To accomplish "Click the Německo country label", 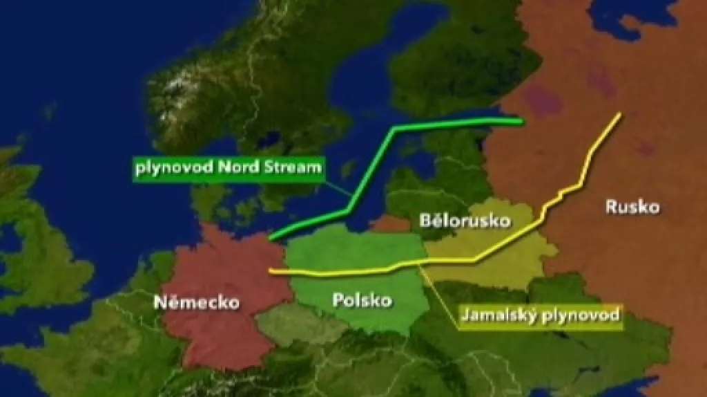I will click(197, 302).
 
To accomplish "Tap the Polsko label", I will click(362, 300).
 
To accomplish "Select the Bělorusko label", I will click(465, 221).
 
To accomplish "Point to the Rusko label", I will click(632, 206).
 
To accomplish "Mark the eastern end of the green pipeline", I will click(521, 122).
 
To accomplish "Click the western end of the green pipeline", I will click(270, 239).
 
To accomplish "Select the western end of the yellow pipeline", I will click(270, 270).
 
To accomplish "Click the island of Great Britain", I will click(41, 263).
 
